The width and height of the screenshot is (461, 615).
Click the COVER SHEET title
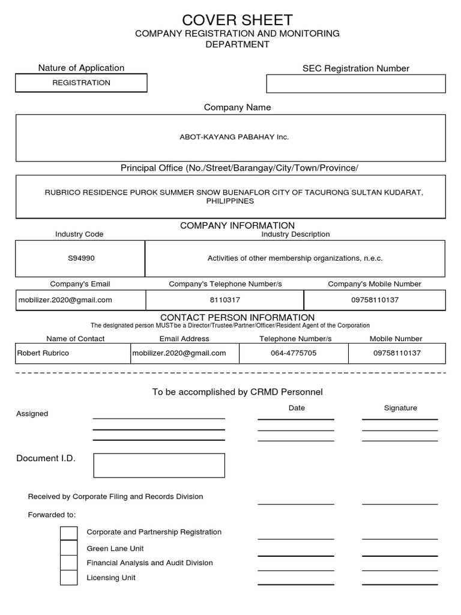237,20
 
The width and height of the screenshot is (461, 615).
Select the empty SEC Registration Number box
356,83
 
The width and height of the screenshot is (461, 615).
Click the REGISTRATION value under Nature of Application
81,83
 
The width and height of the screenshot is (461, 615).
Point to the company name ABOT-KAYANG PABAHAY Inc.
234,138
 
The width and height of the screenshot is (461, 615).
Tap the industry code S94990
81,258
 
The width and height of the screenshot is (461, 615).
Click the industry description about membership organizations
295,258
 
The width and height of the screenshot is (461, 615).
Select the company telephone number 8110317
225,300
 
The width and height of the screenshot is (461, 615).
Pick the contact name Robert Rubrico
43,353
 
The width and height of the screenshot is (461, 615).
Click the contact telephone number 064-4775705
294,353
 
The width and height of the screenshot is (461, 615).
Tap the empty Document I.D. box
159,465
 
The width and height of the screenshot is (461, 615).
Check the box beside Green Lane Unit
69,548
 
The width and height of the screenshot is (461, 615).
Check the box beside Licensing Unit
69,578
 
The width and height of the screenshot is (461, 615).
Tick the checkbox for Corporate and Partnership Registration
69,533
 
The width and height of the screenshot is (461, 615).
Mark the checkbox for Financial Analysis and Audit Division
69,563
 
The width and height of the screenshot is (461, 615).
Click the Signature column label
400,408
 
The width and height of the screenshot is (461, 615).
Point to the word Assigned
32,414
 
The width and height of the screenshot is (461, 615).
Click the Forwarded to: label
52,515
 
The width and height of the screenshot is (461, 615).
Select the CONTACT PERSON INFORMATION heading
237,317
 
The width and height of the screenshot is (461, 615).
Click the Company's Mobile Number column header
375,284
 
